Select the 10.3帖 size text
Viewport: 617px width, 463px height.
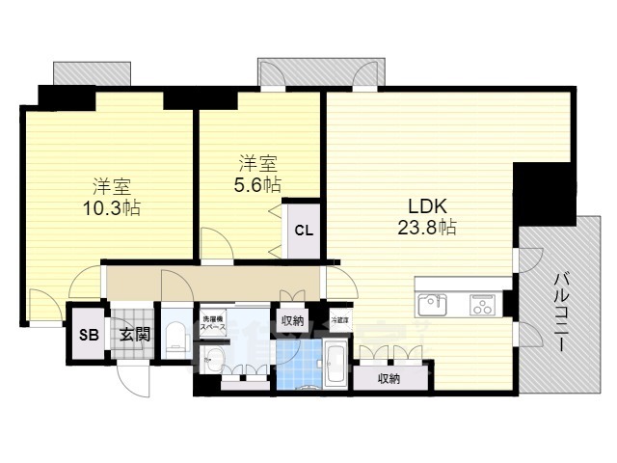[x=112, y=206]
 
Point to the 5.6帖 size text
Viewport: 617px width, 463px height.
[x=257, y=184]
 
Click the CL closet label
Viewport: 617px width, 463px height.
[x=303, y=230]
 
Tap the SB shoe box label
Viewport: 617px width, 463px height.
[x=88, y=335]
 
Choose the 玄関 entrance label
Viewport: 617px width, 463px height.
[x=133, y=335]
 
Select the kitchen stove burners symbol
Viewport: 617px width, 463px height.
[x=481, y=305]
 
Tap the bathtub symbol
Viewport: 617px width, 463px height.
[x=335, y=363]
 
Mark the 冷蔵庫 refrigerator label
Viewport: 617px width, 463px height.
[x=340, y=319]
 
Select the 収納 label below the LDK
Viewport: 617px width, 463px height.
[x=389, y=379]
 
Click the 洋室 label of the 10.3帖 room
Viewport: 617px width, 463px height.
[x=112, y=185]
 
